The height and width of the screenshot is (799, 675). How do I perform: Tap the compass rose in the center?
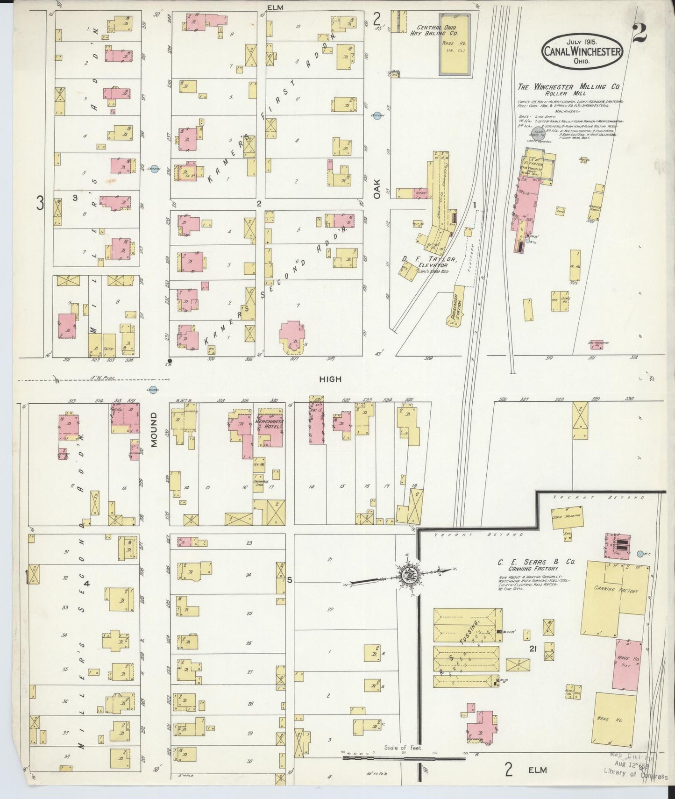click(407, 574)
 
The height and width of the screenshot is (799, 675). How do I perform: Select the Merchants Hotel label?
click(270, 424)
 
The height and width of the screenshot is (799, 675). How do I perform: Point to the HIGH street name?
click(330, 379)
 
